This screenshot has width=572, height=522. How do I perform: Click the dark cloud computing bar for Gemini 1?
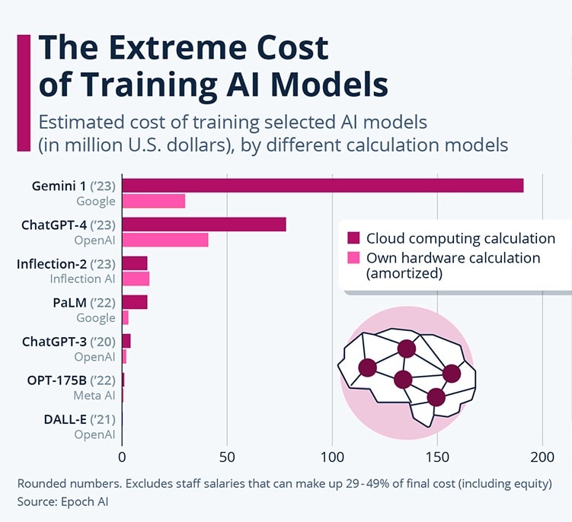click(322, 186)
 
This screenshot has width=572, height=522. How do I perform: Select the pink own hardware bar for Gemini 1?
click(153, 201)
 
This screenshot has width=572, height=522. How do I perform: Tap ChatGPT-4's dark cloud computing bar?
click(203, 224)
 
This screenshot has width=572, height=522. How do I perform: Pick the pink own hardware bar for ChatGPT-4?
click(165, 240)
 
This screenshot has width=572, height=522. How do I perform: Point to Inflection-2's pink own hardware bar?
click(136, 279)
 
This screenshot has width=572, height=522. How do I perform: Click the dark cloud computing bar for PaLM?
click(134, 302)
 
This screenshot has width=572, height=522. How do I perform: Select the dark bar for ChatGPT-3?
click(126, 340)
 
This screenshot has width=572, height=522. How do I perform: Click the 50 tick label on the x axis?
click(227, 457)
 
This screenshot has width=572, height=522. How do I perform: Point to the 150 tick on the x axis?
click(437, 457)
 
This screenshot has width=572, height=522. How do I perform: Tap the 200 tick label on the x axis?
click(542, 457)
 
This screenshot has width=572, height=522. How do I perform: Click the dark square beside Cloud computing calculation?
click(353, 238)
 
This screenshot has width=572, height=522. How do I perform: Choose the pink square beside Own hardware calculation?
click(353, 258)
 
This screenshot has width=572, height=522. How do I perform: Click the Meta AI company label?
click(94, 396)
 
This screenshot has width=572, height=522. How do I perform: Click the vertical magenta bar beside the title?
click(23, 91)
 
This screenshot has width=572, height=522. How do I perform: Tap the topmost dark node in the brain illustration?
click(407, 349)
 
